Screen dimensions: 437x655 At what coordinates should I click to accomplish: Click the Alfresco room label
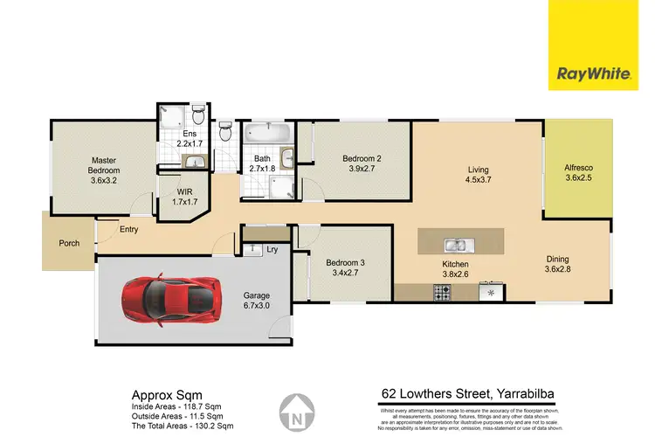[578, 168]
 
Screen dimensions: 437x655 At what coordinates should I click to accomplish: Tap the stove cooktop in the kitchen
[441, 295]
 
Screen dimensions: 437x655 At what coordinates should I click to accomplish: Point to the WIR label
[183, 190]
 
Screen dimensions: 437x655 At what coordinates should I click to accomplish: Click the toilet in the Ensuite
[198, 115]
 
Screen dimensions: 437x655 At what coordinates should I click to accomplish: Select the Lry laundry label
[273, 249]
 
